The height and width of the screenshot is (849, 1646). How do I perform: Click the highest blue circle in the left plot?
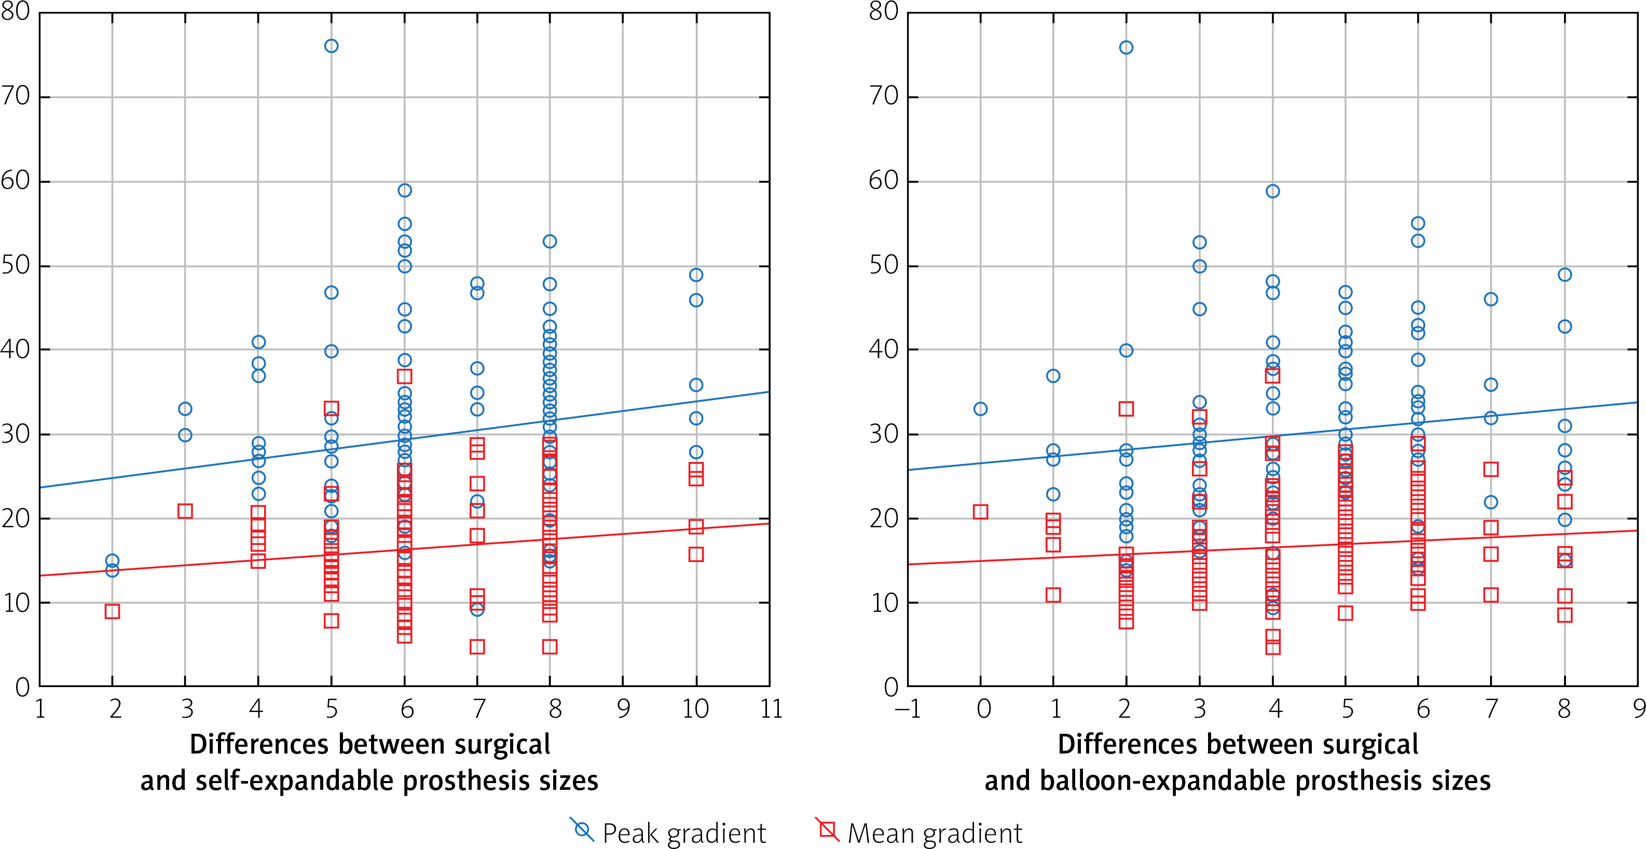pos(331,46)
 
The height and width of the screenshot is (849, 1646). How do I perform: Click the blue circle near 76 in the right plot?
pos(1126,47)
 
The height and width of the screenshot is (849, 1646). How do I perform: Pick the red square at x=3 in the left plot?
pos(185,511)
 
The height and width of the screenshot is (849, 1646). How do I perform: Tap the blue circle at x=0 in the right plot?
pos(980,409)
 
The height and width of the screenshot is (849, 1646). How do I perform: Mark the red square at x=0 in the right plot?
pos(980,512)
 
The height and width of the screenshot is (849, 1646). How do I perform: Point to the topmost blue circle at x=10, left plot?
pos(696,275)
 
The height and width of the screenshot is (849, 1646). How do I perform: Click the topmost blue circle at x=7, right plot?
pos(1491,299)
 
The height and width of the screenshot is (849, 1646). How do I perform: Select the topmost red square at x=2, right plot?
pos(1126,409)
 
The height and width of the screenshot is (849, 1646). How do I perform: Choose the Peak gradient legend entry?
pos(668,833)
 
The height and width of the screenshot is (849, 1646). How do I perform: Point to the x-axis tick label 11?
pos(771,709)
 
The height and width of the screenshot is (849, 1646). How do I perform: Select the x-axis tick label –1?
pos(908,709)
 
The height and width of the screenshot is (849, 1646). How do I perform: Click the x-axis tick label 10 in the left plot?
pos(695,709)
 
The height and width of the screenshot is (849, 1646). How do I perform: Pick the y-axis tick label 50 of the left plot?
pos(16,265)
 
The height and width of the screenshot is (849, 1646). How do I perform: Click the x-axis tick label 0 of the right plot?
pos(984,709)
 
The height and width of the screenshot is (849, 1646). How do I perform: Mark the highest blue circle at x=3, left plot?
pos(185,409)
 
